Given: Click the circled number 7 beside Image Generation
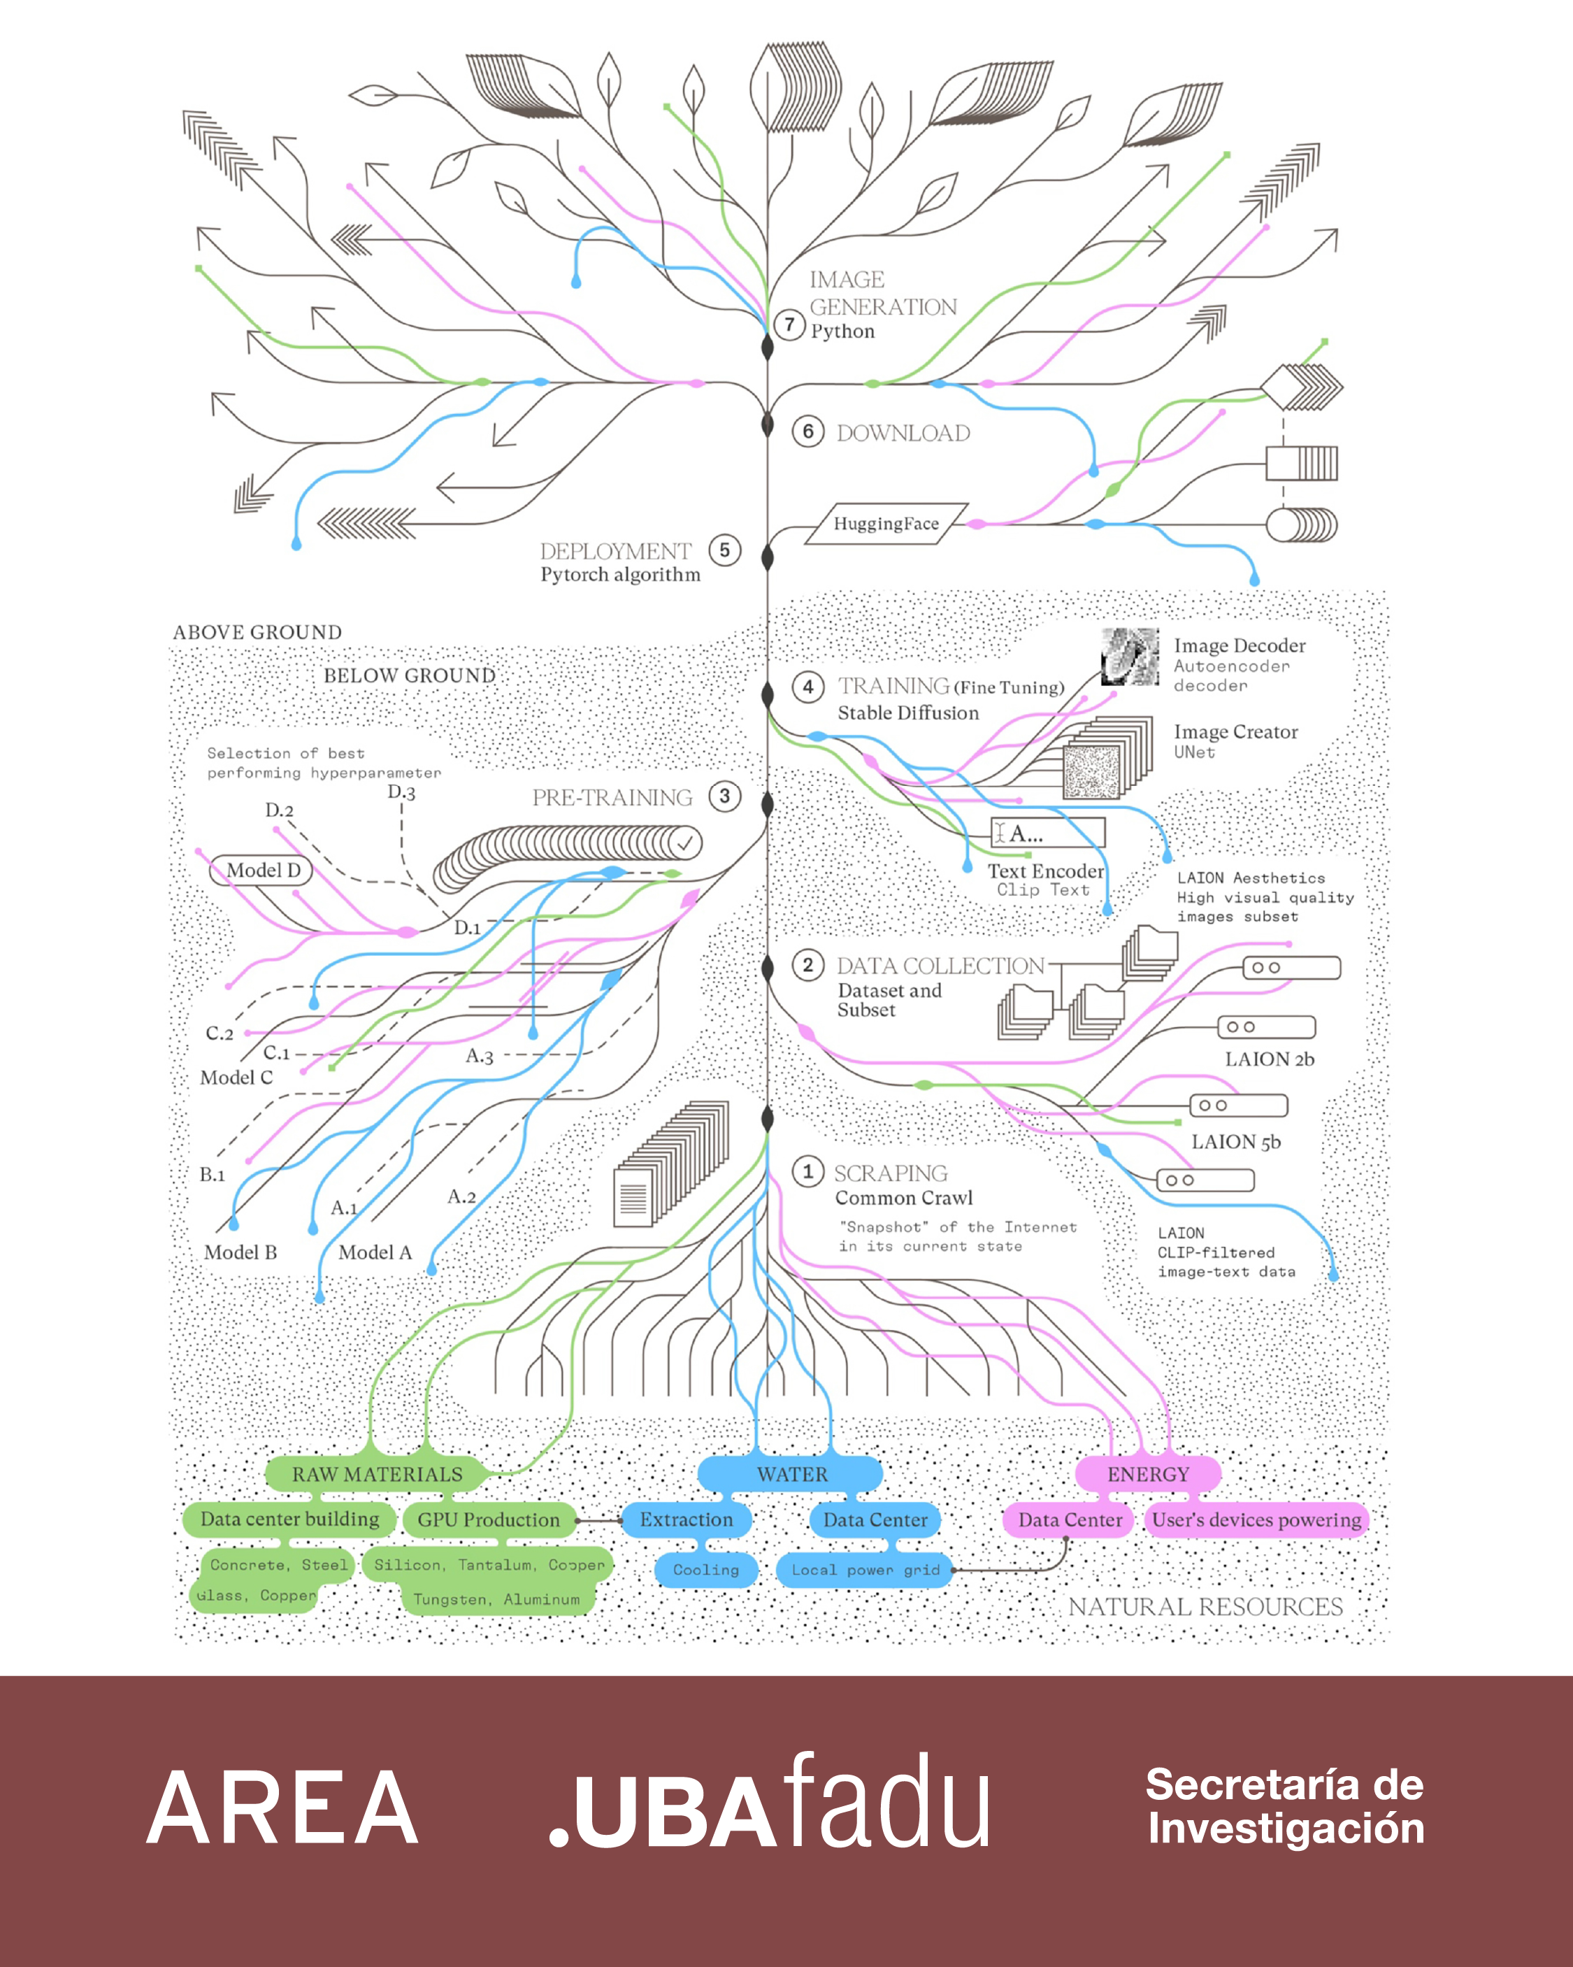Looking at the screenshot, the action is point(790,324).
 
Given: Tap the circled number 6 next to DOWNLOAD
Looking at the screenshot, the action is point(807,431).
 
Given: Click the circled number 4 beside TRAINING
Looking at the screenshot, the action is point(807,687).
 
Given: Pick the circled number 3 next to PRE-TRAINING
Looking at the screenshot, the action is point(724,796).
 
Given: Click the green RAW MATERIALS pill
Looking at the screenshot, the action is point(377,1473).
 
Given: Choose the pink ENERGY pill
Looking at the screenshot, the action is point(1148,1473).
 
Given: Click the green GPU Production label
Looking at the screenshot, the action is point(488,1519).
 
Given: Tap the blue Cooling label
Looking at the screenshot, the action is point(706,1569).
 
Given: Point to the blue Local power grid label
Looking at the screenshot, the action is point(865,1569).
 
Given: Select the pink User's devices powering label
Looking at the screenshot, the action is point(1256,1519).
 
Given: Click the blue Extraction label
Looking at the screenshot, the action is point(686,1519).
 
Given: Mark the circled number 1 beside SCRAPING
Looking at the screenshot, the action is point(807,1171).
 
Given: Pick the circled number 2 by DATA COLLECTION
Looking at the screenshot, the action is point(807,965).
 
